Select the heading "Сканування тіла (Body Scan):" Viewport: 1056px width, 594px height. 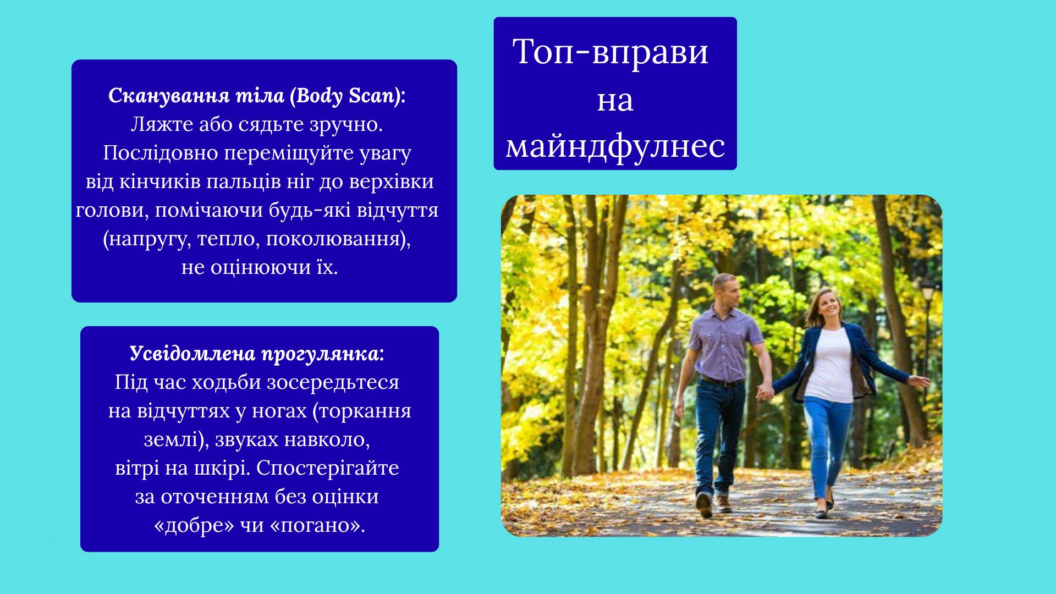(x=257, y=96)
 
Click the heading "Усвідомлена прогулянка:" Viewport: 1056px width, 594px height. (x=257, y=354)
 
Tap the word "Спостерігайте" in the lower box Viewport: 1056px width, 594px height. (x=327, y=469)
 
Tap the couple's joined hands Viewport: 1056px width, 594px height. (x=765, y=392)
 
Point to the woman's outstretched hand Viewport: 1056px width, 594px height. (x=920, y=381)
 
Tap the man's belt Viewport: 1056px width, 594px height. (x=722, y=381)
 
